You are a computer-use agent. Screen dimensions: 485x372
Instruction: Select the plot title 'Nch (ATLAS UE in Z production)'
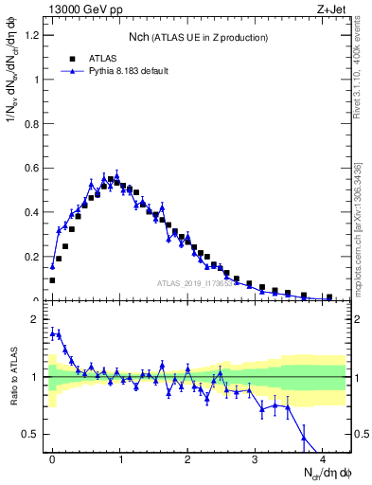click(199, 36)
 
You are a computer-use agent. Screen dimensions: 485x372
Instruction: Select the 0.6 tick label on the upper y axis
click(31, 169)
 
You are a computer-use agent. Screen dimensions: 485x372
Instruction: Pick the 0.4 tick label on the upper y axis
click(31, 213)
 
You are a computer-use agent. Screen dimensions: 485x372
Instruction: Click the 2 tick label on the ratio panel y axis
click(36, 320)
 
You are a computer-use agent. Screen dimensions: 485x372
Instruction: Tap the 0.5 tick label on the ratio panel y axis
click(31, 434)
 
